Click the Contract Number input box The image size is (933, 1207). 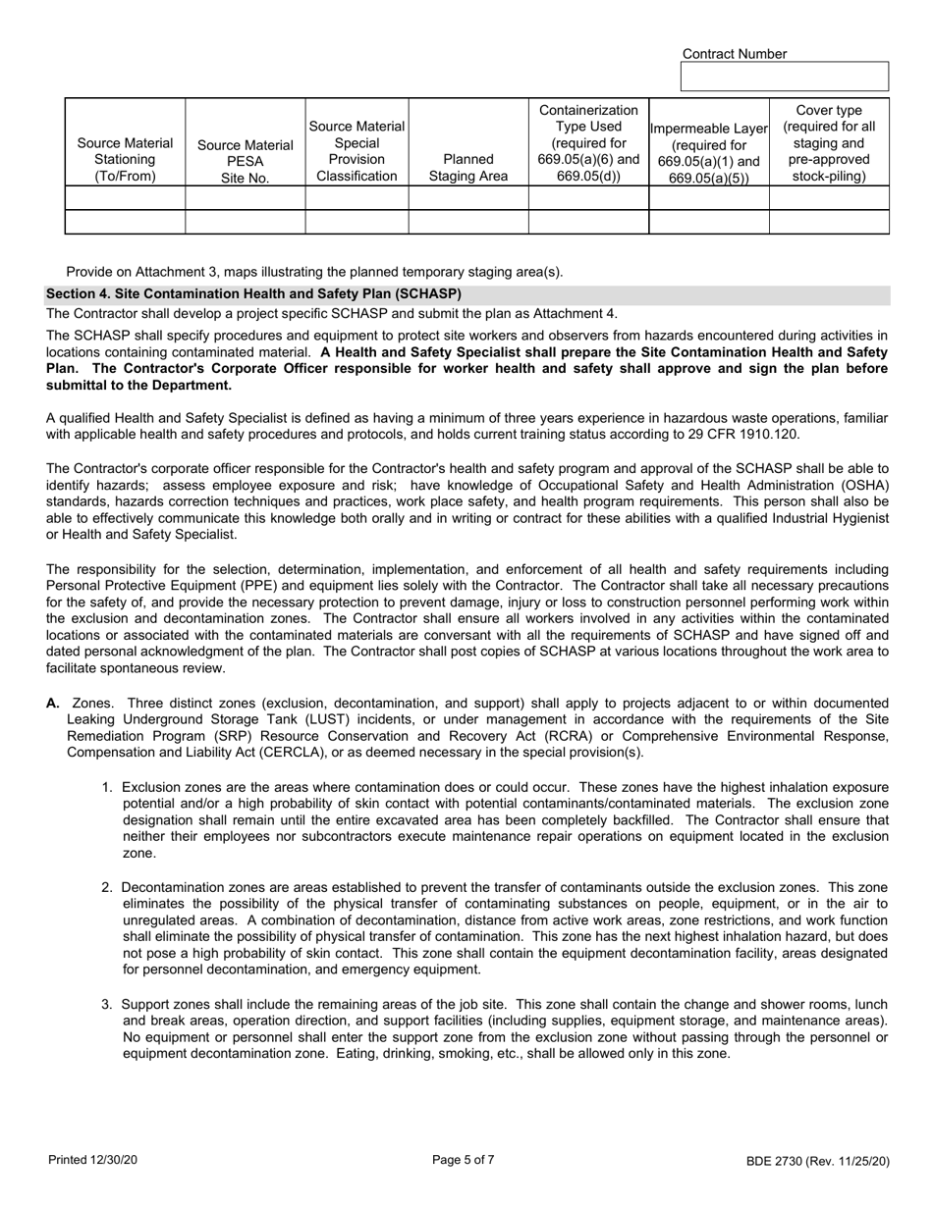click(784, 77)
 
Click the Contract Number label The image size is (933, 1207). click(734, 54)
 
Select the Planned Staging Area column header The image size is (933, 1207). click(467, 167)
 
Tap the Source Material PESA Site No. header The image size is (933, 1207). click(245, 161)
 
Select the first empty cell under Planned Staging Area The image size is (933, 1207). click(467, 197)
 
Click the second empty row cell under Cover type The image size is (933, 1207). click(829, 222)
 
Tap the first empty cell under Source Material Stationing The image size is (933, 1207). click(125, 197)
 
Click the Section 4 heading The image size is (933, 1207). click(253, 293)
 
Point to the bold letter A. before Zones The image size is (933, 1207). click(53, 703)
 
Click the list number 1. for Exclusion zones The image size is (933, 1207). click(108, 787)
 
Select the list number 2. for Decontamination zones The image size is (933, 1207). click(108, 886)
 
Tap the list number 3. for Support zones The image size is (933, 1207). click(108, 1004)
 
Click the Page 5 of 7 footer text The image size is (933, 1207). click(464, 1159)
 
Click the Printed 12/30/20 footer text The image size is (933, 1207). click(92, 1160)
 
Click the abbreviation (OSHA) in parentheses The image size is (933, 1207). click(863, 486)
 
